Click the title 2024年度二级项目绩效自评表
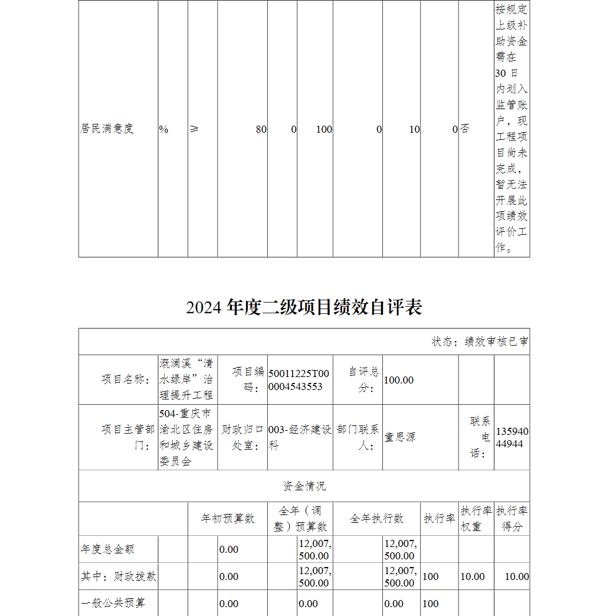point(304,307)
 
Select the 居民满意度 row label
point(107,129)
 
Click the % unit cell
point(163,129)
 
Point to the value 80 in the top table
point(261,129)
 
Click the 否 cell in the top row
point(465,129)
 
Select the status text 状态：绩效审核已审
point(480,342)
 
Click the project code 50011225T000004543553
point(299,380)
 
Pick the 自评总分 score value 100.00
point(399,380)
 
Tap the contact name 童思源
point(400,437)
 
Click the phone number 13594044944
point(512,437)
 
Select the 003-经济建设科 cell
point(299,437)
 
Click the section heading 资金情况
point(304,486)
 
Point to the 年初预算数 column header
point(228,519)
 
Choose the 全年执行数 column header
point(377,519)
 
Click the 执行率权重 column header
point(476,519)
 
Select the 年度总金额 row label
point(107,549)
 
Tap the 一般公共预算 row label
point(113,604)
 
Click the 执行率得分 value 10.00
point(517,576)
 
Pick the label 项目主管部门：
point(127,437)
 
